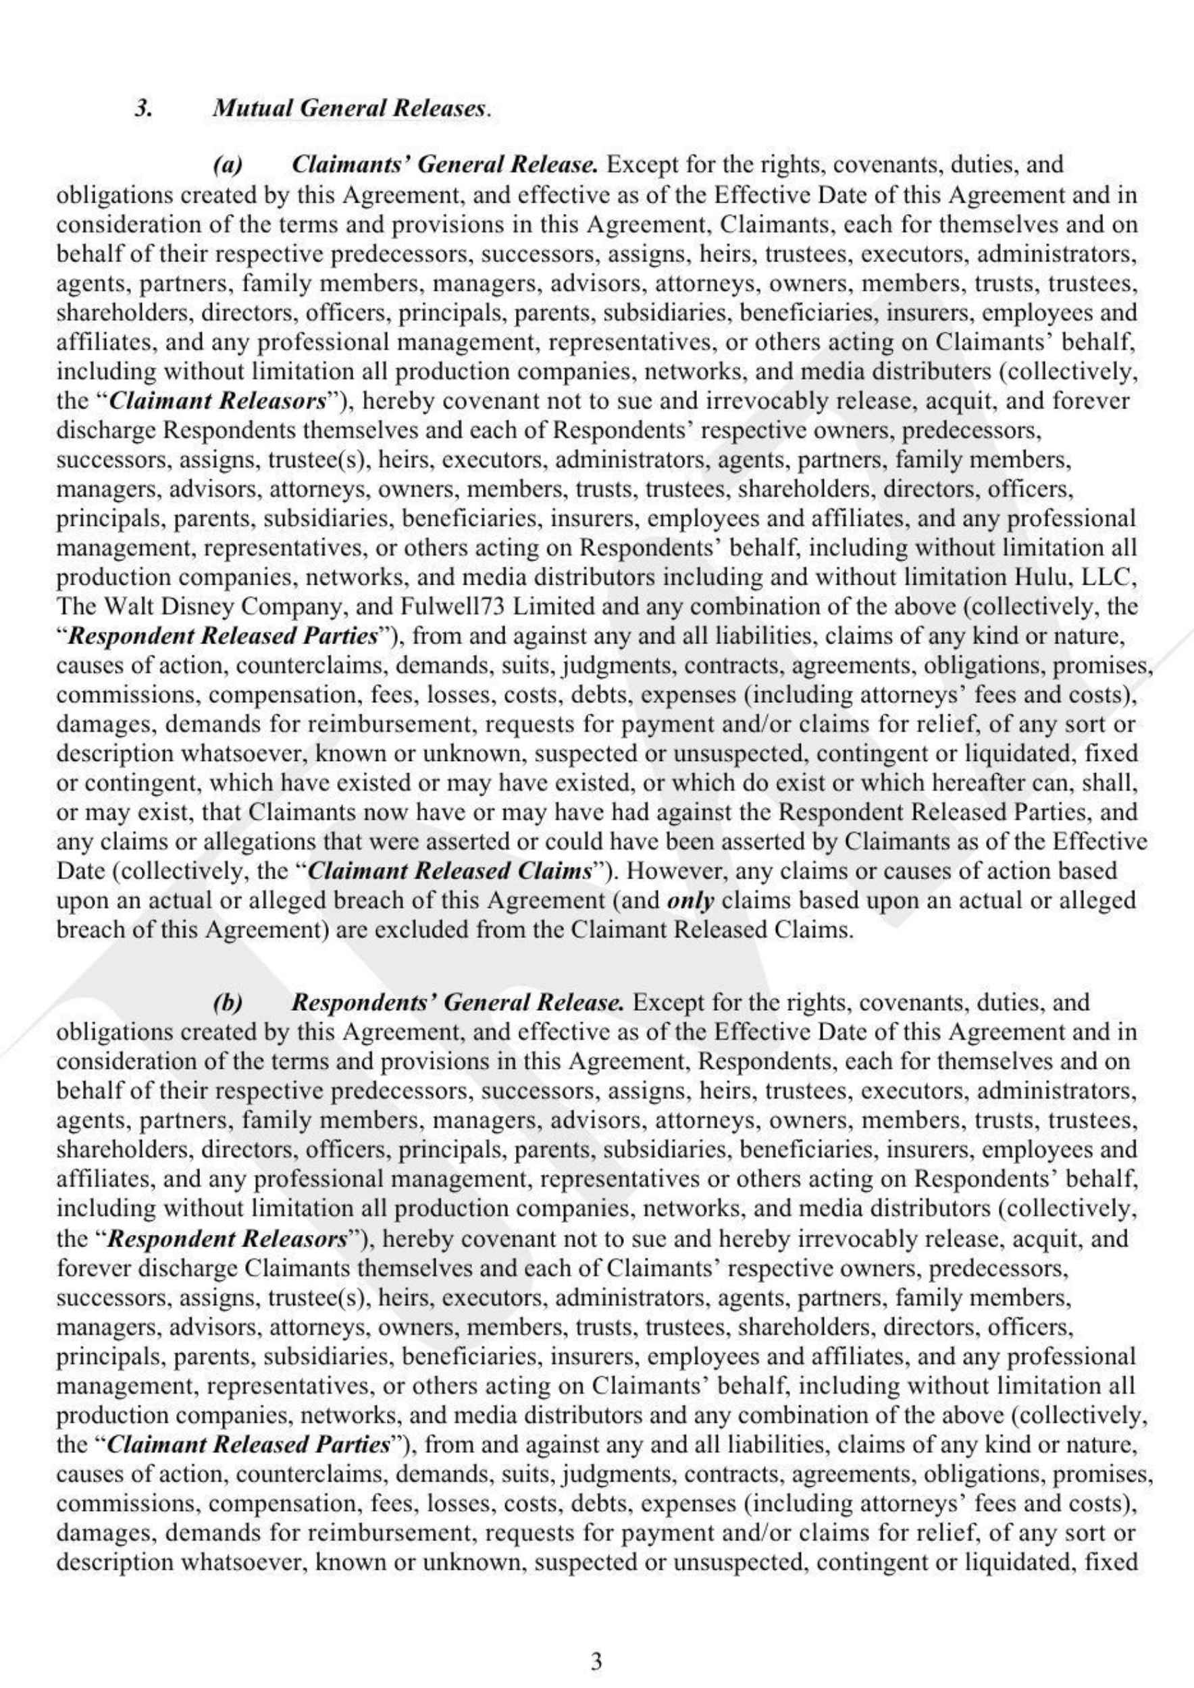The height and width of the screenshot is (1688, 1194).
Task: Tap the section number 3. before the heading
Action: click(143, 109)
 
